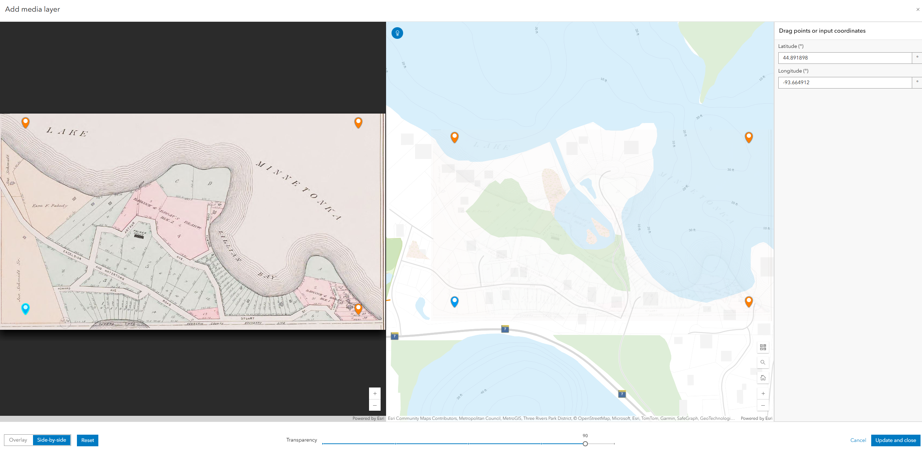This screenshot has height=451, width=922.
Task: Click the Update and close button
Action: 895,440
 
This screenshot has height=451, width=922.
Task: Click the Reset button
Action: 87,440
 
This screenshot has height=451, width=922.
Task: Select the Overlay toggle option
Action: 18,440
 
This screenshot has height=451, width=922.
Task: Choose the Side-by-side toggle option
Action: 52,440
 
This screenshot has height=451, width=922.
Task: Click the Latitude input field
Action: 844,58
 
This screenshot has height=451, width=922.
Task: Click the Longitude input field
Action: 844,82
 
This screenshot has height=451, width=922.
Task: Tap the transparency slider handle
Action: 585,443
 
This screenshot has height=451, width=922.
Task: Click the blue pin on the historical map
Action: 25,308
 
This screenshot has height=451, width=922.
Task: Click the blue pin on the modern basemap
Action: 454,301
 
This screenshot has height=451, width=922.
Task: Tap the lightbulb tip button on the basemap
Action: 397,33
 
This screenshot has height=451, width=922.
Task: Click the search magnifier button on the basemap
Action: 763,362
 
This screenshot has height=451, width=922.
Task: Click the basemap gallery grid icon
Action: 763,347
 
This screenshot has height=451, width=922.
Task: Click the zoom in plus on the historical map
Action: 375,393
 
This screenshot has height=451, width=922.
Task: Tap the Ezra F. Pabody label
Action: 50,206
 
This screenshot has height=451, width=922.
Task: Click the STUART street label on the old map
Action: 247,319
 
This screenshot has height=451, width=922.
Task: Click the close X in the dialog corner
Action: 918,9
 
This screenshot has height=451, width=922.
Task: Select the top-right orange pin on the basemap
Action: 749,137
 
